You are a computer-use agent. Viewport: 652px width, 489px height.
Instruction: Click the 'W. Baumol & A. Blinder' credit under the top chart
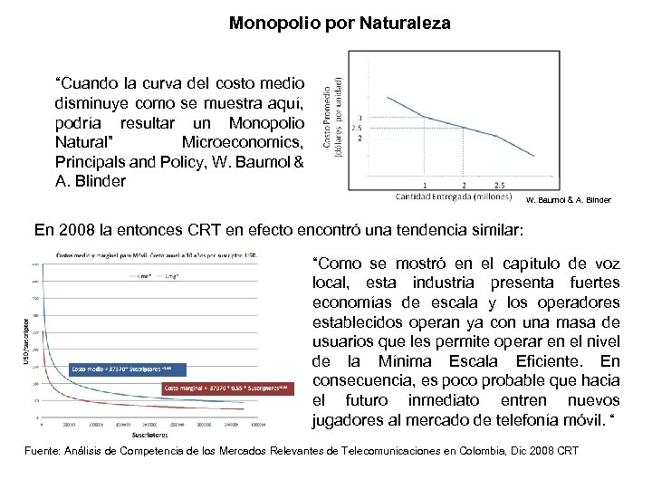pyautogui.click(x=569, y=199)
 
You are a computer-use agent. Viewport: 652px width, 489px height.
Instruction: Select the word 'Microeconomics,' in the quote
pyautogui.click(x=244, y=142)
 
